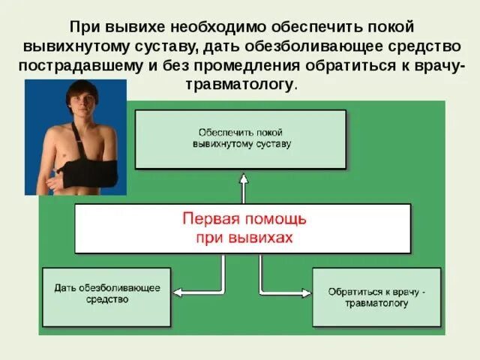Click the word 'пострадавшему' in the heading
(78, 65)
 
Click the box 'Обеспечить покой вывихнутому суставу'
(240, 139)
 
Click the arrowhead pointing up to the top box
(243, 177)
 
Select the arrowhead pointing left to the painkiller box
(178, 291)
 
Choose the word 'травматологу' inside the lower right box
(377, 303)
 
